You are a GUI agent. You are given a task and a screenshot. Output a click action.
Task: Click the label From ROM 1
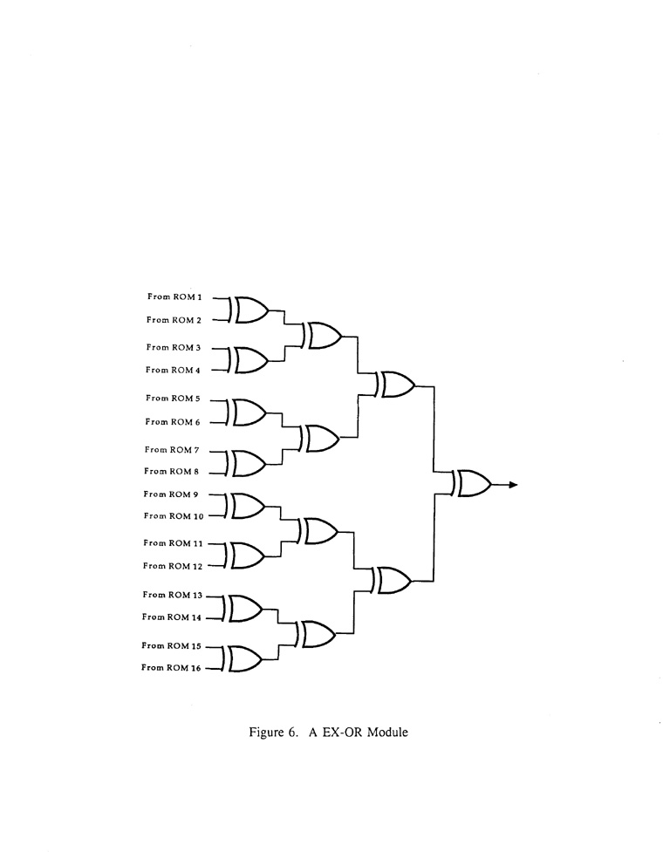[174, 297]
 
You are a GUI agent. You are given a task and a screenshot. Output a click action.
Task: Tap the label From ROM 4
[174, 370]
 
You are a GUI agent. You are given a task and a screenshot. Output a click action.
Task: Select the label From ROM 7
[174, 449]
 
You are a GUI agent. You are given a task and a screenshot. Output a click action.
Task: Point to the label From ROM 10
[174, 516]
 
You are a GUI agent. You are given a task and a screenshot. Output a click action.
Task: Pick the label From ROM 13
[173, 595]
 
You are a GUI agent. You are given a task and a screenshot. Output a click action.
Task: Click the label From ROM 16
[173, 668]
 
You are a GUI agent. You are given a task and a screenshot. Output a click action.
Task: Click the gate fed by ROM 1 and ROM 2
[249, 309]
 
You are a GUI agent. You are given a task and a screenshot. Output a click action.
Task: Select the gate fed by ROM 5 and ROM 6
[249, 412]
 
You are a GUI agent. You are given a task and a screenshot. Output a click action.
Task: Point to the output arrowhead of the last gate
[514, 484]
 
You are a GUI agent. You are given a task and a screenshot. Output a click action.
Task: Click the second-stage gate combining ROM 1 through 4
[323, 335]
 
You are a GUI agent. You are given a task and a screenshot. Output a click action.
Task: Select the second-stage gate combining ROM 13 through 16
[318, 634]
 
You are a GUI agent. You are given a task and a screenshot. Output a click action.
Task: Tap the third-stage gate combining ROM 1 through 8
[396, 385]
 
